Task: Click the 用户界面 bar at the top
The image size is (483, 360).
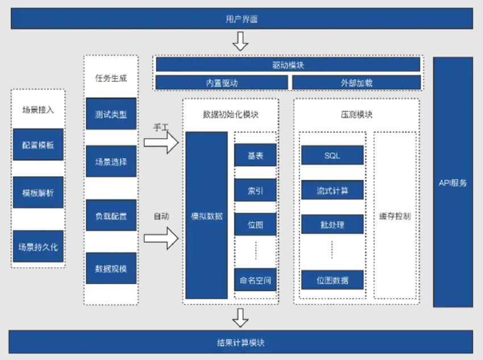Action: click(x=241, y=19)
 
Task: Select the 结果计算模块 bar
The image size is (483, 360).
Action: click(x=241, y=343)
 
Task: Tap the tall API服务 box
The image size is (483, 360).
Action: click(x=453, y=182)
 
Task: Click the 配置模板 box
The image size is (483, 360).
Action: click(x=38, y=144)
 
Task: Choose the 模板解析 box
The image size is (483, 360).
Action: click(x=38, y=192)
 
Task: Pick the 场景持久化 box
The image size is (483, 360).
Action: click(x=38, y=246)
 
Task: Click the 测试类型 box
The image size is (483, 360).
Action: click(x=111, y=114)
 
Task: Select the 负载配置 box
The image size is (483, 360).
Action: click(x=111, y=216)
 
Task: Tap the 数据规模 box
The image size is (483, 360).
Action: click(x=111, y=268)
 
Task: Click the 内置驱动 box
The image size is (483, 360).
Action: click(x=222, y=82)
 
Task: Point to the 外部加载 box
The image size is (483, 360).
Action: click(x=356, y=82)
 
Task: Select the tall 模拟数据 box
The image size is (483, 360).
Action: click(x=207, y=216)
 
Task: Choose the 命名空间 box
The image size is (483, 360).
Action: click(x=255, y=280)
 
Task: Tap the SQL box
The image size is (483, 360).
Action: click(x=332, y=155)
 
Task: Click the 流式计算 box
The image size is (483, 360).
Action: click(x=332, y=190)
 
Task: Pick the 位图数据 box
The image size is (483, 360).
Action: click(x=332, y=280)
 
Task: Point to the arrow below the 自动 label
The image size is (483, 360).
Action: click(x=161, y=238)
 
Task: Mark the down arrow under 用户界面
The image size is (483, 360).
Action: click(x=241, y=41)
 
